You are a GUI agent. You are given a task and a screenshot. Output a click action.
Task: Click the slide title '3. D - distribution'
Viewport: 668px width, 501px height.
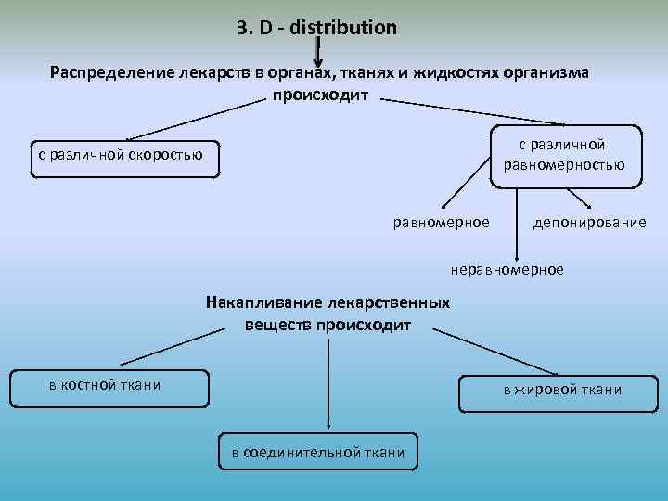coord(316,28)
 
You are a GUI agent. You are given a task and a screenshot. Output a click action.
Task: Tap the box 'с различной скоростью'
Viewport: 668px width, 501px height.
coord(118,156)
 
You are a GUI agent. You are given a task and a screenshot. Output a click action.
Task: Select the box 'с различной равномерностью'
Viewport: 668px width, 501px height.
coord(564,155)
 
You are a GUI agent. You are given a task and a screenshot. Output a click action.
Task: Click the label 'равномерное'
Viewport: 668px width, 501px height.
coord(441,223)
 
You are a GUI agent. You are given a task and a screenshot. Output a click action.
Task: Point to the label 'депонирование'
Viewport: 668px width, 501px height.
coord(590,223)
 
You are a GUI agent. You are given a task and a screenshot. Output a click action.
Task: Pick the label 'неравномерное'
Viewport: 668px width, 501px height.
coord(507,269)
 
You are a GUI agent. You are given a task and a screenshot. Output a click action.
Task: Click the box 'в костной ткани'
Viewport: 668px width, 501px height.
coord(109,388)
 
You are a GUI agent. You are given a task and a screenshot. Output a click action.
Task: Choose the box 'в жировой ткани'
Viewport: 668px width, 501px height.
coord(562,391)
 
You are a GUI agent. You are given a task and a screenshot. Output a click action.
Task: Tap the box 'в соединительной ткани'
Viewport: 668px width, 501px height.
coord(317,452)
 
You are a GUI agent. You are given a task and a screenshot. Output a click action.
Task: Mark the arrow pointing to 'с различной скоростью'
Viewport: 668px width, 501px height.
coord(190,120)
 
